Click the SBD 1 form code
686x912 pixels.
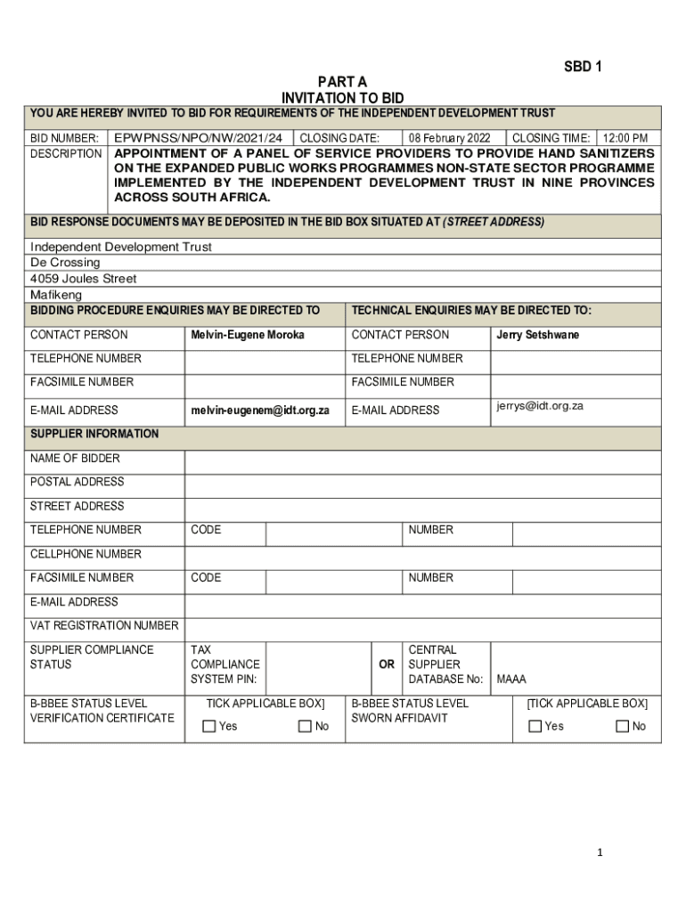click(583, 67)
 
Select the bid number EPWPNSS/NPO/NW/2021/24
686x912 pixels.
click(199, 138)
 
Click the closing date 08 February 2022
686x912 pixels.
click(450, 138)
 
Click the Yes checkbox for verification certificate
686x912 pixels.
click(209, 726)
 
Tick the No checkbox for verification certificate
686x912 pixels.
click(305, 726)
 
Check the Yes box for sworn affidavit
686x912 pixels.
click(535, 726)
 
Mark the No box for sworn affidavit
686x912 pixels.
click(622, 726)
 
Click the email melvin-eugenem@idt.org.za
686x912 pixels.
click(260, 411)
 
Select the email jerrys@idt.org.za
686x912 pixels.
click(540, 406)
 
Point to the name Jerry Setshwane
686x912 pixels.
click(537, 335)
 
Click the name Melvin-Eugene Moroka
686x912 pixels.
click(248, 335)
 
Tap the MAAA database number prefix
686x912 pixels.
click(511, 679)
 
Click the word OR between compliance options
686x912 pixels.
click(387, 664)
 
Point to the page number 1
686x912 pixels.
click(600, 852)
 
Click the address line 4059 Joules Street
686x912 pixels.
click(84, 279)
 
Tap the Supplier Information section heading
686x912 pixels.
click(94, 434)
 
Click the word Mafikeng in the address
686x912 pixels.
click(56, 295)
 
